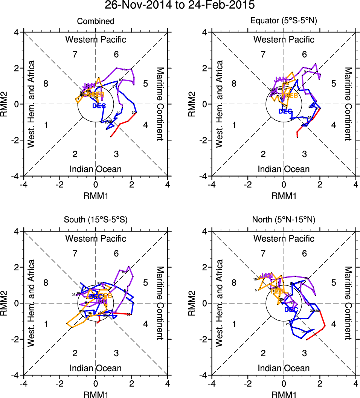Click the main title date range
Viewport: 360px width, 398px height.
pyautogui.click(x=180, y=6)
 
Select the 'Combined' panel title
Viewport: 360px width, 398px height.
pyautogui.click(x=96, y=21)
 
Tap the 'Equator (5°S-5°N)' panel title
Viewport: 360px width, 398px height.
pyautogui.click(x=284, y=21)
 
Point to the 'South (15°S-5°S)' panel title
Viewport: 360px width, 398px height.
pyautogui.click(x=96, y=220)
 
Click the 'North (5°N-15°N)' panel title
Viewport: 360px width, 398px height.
pyautogui.click(x=284, y=220)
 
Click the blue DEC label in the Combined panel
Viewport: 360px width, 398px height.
pyautogui.click(x=99, y=106)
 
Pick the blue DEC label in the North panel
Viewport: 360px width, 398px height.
pyautogui.click(x=291, y=310)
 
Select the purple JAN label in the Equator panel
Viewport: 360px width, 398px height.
pyautogui.click(x=281, y=79)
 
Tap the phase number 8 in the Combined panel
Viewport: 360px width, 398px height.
pyautogui.click(x=46, y=84)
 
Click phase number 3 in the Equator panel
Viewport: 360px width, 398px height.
pyautogui.click(x=304, y=154)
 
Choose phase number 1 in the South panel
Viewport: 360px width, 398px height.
pyautogui.click(x=46, y=324)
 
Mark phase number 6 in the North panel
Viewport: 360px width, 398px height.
pyautogui.click(x=304, y=254)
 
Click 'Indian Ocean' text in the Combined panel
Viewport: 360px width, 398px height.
pyautogui.click(x=96, y=169)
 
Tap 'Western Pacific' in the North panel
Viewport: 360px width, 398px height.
pyautogui.click(x=284, y=238)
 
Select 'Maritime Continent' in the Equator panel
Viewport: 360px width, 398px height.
pyautogui.click(x=348, y=104)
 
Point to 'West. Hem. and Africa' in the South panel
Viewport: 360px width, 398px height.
pyautogui.click(x=31, y=303)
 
